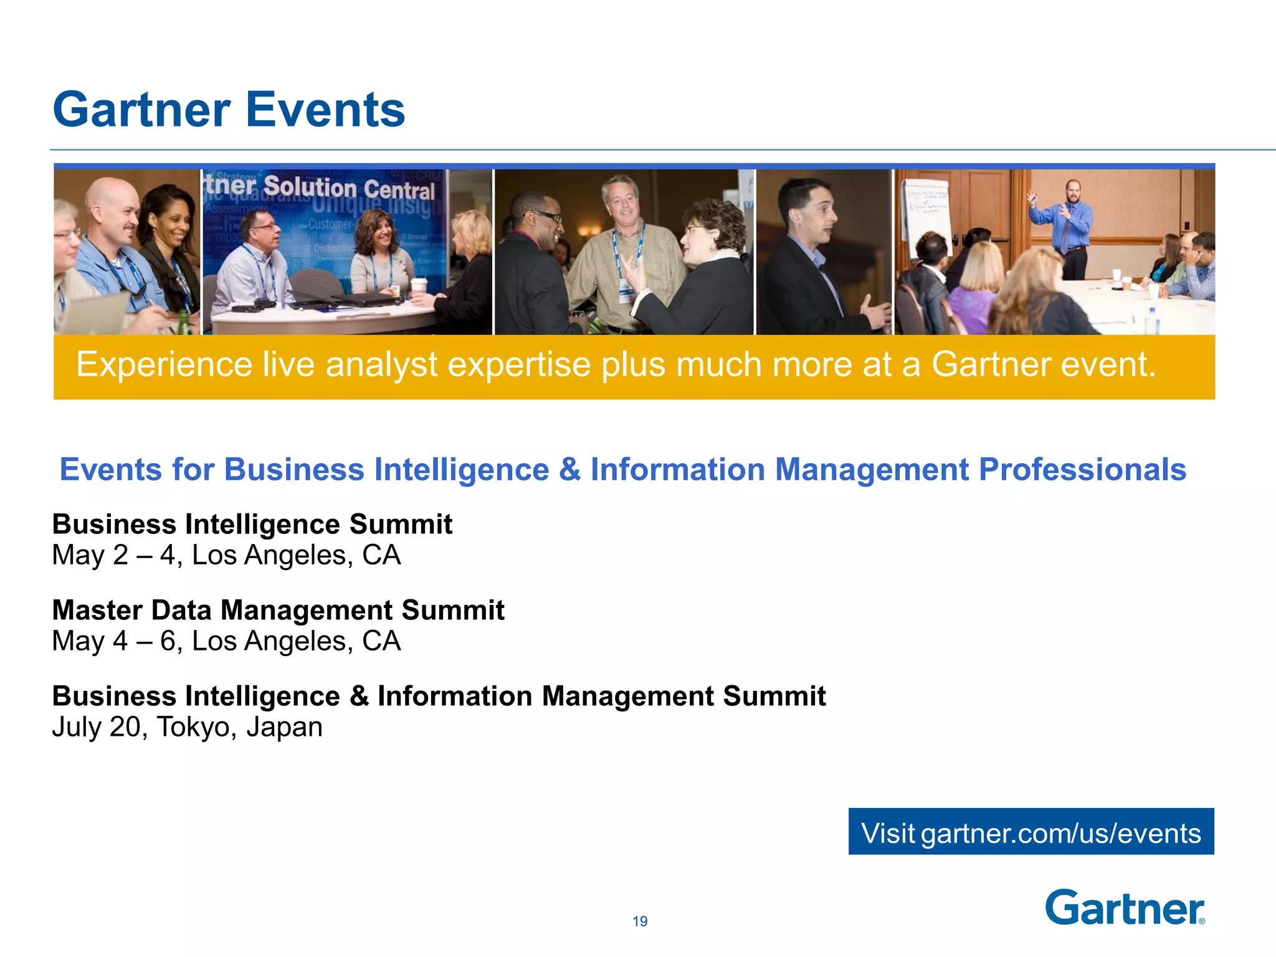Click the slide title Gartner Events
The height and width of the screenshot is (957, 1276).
click(x=229, y=110)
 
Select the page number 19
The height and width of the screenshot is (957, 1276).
click(x=640, y=921)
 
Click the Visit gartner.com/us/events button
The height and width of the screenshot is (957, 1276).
click(x=1031, y=832)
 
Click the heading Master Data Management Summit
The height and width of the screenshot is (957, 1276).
click(x=278, y=610)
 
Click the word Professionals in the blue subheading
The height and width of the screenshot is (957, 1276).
click(x=1082, y=470)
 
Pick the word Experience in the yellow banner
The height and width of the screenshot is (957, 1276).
click(x=164, y=364)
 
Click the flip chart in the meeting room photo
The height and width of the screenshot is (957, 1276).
click(x=927, y=215)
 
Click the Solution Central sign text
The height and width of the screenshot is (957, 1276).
click(x=349, y=188)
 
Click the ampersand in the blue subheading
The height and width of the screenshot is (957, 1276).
click(x=569, y=470)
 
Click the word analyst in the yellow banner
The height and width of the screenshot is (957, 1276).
click(x=381, y=364)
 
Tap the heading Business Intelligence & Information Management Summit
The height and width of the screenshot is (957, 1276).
click(x=439, y=696)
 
